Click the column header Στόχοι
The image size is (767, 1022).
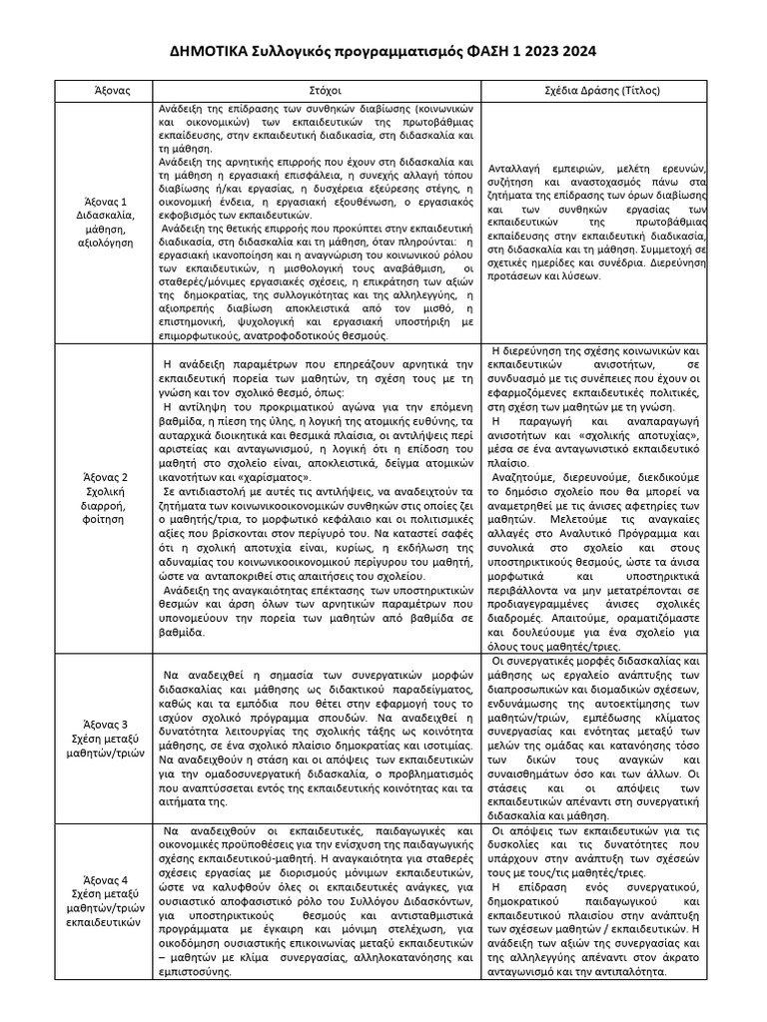pos(315,90)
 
